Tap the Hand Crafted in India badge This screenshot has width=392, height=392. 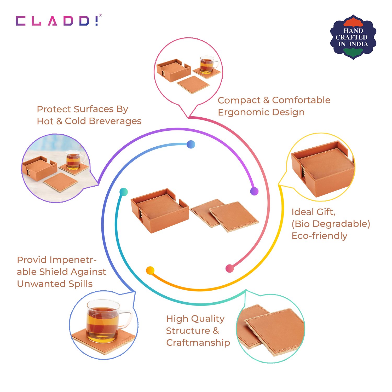pos(353,37)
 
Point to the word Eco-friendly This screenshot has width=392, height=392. pos(319,236)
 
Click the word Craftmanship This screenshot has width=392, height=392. pos(198,342)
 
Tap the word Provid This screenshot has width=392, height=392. pos(32,260)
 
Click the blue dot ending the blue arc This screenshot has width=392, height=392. pos(191,144)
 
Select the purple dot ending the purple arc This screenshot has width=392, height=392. pos(254,191)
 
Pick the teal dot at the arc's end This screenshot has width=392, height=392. pos(124,192)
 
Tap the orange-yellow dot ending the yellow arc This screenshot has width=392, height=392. pos(150,270)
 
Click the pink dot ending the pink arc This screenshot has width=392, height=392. pos(229,268)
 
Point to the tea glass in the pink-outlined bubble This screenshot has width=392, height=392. pos(207,65)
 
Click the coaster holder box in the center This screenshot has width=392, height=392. pos(159,210)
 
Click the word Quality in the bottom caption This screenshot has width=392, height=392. pos(209,319)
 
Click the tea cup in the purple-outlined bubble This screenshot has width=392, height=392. pos(74,160)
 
